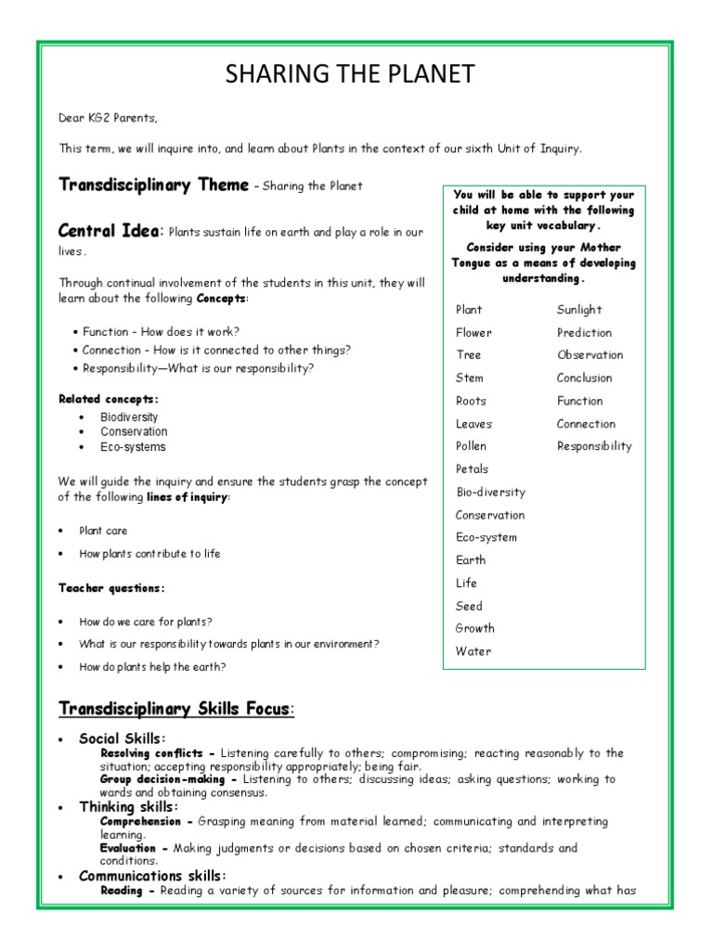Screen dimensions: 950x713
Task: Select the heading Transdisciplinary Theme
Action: pyautogui.click(x=153, y=185)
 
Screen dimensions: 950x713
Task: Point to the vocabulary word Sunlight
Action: pyautogui.click(x=579, y=310)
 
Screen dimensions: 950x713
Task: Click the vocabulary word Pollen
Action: pyautogui.click(x=472, y=446)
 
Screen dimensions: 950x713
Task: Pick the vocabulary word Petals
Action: pyautogui.click(x=472, y=469)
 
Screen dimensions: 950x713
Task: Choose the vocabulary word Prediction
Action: pyautogui.click(x=584, y=332)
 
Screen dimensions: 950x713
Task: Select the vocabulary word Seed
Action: pyautogui.click(x=469, y=606)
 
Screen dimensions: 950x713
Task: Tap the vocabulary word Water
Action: pyautogui.click(x=473, y=651)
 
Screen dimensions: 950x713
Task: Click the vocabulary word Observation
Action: pyautogui.click(x=590, y=355)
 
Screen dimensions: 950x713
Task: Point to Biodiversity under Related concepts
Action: pyautogui.click(x=129, y=417)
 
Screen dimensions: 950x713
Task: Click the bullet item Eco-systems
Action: pyautogui.click(x=133, y=447)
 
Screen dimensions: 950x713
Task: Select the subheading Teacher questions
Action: pyautogui.click(x=111, y=588)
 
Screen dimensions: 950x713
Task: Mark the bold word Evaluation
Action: pyautogui.click(x=134, y=848)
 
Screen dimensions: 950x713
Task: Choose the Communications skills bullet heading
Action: pyautogui.click(x=152, y=876)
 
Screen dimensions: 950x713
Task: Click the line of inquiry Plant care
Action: pyautogui.click(x=103, y=531)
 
